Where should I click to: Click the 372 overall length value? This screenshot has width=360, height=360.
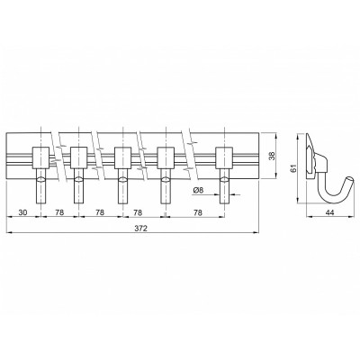click(x=141, y=229)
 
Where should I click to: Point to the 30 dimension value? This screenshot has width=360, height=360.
click(x=22, y=212)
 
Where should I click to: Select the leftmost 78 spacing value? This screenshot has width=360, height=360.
click(x=59, y=212)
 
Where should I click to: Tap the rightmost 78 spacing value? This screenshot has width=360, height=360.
click(x=198, y=212)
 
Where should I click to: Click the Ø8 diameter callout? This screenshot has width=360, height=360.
click(x=199, y=190)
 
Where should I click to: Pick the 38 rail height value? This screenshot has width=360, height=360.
click(x=272, y=156)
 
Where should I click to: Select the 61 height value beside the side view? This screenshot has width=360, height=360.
click(x=293, y=168)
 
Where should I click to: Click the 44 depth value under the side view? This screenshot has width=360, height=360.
click(x=329, y=212)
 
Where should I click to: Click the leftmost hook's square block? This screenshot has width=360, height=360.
click(x=41, y=157)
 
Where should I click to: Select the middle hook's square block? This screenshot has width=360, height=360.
click(x=123, y=157)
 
